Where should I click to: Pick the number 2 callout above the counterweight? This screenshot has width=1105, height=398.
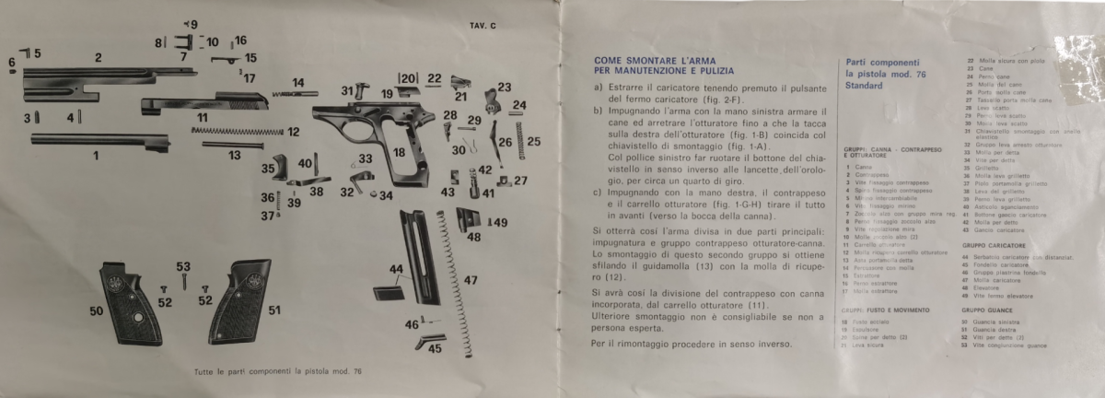pyautogui.click(x=98, y=58)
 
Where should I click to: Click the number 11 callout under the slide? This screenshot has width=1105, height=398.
pyautogui.click(x=202, y=117)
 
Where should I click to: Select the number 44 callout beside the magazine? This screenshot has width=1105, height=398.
pyautogui.click(x=396, y=269)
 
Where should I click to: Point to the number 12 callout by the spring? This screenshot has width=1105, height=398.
pyautogui.click(x=294, y=132)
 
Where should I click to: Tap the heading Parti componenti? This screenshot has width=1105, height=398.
pyautogui.click(x=876, y=61)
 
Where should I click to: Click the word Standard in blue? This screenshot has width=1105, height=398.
pyautogui.click(x=863, y=86)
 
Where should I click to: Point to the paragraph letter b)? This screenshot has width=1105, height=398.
pyautogui.click(x=599, y=110)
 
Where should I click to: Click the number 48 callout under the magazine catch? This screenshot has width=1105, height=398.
pyautogui.click(x=474, y=237)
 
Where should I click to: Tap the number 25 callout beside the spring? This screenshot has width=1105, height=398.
pyautogui.click(x=533, y=141)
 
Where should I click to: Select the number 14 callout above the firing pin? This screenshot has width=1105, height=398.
pyautogui.click(x=298, y=82)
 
